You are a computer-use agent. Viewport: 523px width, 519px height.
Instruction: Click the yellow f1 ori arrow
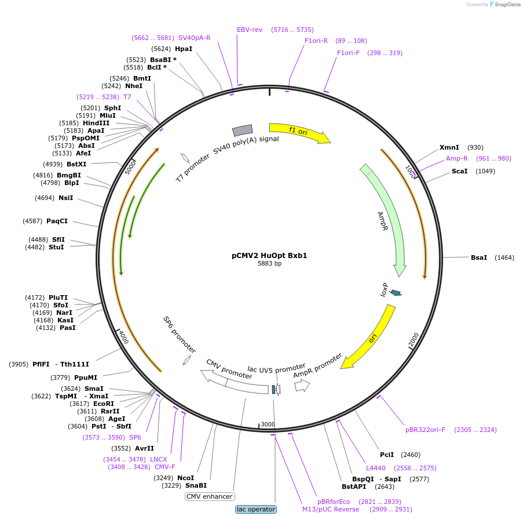coord(300,132)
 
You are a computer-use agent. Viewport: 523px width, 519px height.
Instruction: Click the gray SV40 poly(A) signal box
coord(243,130)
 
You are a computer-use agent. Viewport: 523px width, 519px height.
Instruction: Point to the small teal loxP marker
coord(396,293)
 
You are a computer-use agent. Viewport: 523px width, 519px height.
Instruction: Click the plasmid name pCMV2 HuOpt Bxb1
coord(269,256)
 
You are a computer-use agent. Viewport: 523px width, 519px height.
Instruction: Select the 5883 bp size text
coord(269,263)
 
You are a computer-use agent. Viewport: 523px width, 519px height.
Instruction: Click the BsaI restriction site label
coord(479,257)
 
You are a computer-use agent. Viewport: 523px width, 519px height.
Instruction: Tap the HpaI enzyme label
coord(184,49)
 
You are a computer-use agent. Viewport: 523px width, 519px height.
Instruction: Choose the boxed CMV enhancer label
coord(210,496)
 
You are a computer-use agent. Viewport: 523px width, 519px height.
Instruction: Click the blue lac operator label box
coord(256,509)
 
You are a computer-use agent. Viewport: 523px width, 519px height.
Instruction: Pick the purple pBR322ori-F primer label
coord(425,430)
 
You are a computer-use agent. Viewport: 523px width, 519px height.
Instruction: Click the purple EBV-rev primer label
coord(250,30)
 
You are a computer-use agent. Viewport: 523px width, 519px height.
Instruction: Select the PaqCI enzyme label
coord(57,221)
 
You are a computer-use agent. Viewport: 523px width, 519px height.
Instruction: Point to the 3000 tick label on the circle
coord(268,424)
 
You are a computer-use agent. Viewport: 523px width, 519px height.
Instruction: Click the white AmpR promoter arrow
coord(302,386)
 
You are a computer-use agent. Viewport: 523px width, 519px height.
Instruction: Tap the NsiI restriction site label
coord(65,198)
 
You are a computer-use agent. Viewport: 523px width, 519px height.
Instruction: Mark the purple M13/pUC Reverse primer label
coord(331,509)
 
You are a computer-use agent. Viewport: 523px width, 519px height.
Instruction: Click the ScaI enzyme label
coord(460,171)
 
